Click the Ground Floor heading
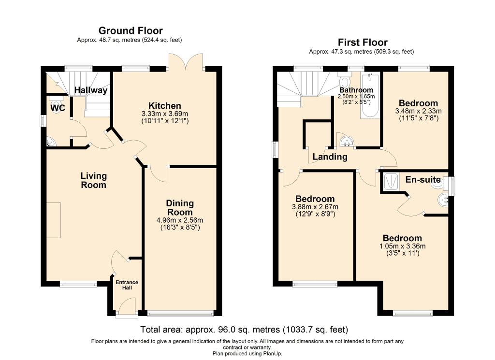pos(131,30)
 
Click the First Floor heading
pos(363,42)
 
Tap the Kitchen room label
pos(165,106)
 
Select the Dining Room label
pos(180,208)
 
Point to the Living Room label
pos(94,180)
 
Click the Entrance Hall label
pos(127,285)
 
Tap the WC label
pos(58,108)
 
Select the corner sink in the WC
pos(51,142)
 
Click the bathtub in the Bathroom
pos(370,96)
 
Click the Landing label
pos(330,157)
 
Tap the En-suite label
pos(423,180)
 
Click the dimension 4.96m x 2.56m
pos(180,220)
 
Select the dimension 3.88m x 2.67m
pos(315,207)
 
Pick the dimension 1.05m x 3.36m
pos(403,246)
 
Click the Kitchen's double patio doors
pos(185,61)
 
